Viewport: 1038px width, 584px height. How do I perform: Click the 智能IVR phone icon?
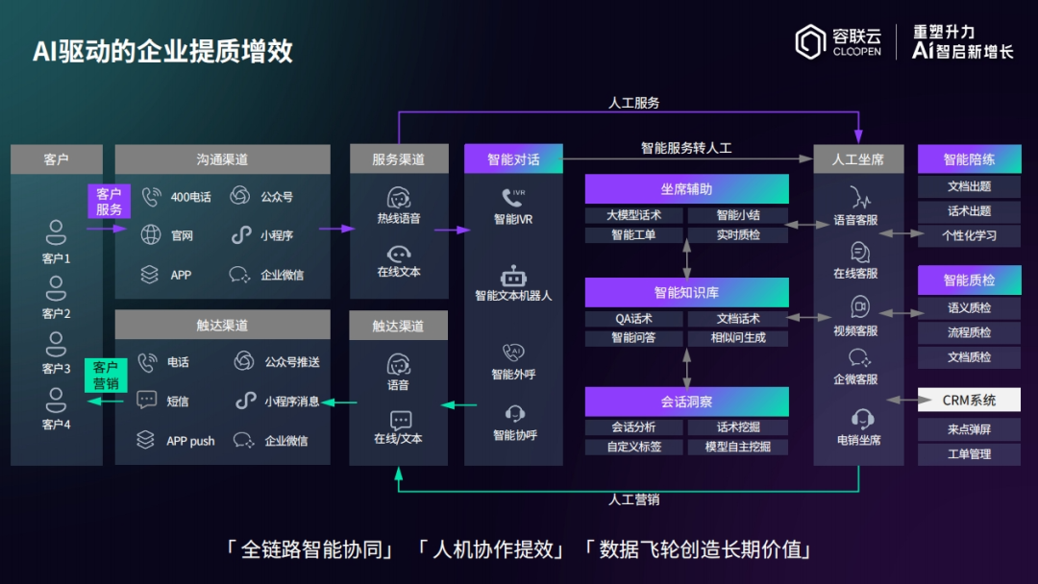click(x=512, y=198)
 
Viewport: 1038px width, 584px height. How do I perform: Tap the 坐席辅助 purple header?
click(x=686, y=189)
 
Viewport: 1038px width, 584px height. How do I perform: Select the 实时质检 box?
click(x=738, y=234)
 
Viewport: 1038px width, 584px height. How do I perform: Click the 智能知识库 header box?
click(x=686, y=292)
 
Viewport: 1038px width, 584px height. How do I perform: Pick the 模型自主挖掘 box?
click(x=738, y=447)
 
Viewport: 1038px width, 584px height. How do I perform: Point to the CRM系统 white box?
click(x=968, y=400)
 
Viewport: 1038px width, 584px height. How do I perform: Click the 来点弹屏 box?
click(x=968, y=429)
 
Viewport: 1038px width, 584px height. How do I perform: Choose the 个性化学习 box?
click(x=968, y=235)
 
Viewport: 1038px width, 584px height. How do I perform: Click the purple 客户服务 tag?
click(x=109, y=202)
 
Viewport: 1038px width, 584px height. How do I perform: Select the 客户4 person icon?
click(x=57, y=399)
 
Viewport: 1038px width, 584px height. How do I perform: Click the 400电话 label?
click(x=190, y=197)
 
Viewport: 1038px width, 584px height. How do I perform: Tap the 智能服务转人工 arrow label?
click(x=686, y=148)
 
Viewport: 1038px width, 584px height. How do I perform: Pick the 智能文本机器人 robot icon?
click(x=513, y=276)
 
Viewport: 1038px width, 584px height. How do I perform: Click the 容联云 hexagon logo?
click(x=810, y=41)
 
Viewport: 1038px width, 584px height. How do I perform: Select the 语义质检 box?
click(x=968, y=308)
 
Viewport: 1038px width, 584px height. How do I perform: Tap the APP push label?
click(x=190, y=441)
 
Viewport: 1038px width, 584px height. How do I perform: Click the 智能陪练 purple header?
click(x=968, y=159)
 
